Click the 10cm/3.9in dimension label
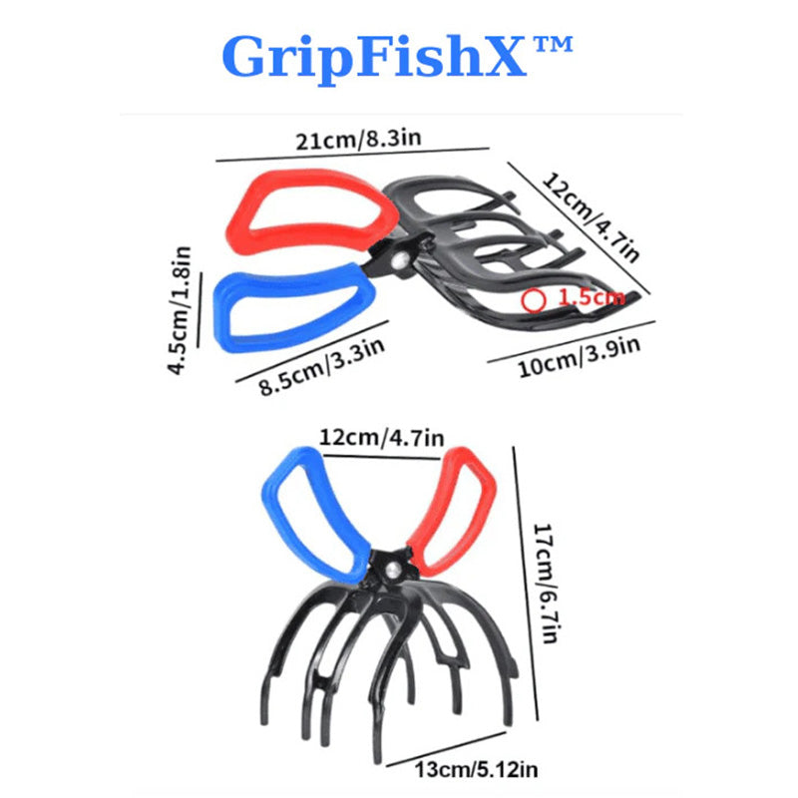pyautogui.click(x=578, y=355)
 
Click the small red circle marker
pyautogui.click(x=535, y=298)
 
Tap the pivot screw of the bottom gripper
pyautogui.click(x=393, y=567)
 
